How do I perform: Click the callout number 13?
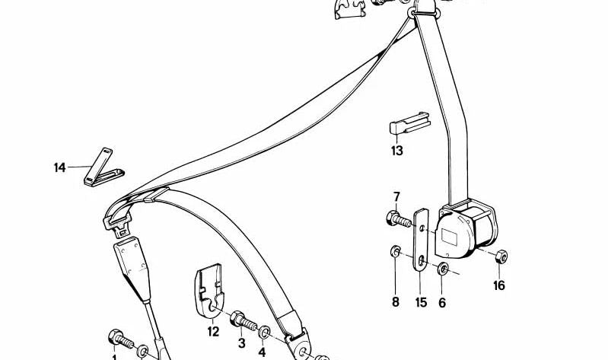coord(397,151)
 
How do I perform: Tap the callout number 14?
coord(59,168)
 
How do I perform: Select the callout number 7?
coord(396,197)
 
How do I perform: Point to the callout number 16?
coord(499,285)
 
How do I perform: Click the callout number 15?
coord(421,302)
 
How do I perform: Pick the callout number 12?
coord(213,332)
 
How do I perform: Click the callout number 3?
coord(241,343)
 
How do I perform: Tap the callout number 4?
coord(262,352)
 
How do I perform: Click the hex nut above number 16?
coord(501,256)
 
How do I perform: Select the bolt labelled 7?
coord(399,219)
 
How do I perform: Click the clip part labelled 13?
coord(409,123)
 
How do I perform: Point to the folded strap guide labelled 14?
coord(103,169)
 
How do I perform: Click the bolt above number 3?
coord(244,320)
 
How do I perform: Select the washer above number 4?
coord(265,332)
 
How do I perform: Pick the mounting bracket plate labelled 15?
coord(421,240)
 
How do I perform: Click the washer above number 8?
coord(396,251)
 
